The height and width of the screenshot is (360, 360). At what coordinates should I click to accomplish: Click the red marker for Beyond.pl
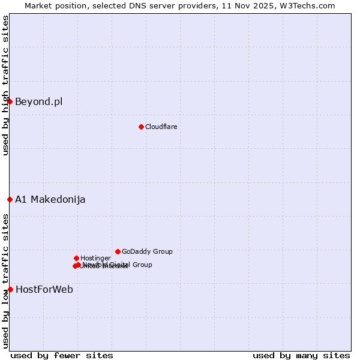point(10,101)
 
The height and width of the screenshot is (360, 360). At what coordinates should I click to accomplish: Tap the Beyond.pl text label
point(38,101)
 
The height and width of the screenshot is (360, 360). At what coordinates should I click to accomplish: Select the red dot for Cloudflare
point(141,127)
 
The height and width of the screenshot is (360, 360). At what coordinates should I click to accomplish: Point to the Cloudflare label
point(161,127)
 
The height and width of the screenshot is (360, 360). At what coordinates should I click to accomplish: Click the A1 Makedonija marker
point(10,199)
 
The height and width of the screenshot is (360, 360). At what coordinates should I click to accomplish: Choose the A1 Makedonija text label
point(50,199)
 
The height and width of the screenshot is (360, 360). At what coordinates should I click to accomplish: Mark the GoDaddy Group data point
point(118,251)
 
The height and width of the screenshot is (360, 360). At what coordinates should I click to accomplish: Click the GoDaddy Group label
point(147,251)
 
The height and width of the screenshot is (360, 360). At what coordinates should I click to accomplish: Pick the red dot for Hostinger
point(76,258)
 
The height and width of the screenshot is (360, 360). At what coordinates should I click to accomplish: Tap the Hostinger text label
point(95,258)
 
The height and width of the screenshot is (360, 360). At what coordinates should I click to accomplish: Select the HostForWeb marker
point(10,289)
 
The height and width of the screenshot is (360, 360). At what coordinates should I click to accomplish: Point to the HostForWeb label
point(44,289)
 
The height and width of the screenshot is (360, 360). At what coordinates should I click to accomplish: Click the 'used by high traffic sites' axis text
point(5,85)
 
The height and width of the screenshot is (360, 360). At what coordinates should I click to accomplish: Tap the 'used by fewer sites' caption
point(62,355)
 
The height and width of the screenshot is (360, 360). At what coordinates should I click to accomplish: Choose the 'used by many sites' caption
point(301,355)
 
